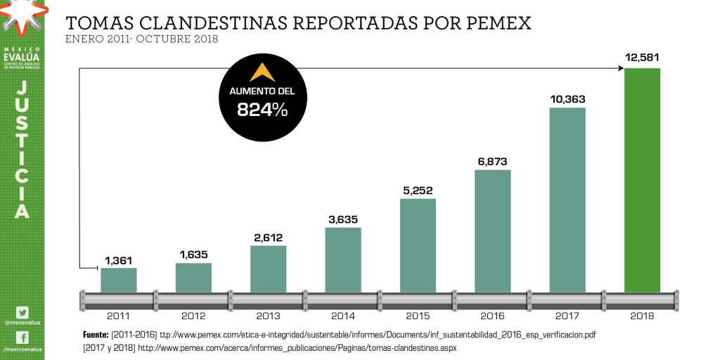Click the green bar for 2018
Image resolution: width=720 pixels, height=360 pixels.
[x=642, y=179]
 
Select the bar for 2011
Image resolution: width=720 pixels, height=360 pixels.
[x=119, y=280]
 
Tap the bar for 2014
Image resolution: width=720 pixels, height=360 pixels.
[x=343, y=259]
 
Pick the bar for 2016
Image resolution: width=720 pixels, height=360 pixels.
[x=492, y=231]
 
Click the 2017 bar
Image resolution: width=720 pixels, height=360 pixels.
[x=567, y=200]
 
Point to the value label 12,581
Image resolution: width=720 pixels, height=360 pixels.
[x=642, y=58]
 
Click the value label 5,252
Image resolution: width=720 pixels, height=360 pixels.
[x=418, y=190]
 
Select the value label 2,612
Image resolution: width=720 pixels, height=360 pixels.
[x=269, y=237]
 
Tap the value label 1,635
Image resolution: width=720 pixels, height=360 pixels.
[x=193, y=255]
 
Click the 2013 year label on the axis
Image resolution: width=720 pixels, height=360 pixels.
[x=269, y=316]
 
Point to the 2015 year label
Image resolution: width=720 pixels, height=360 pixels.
[x=418, y=316]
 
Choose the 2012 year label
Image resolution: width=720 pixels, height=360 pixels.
[x=193, y=316]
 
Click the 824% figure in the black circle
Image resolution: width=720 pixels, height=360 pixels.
[x=262, y=110]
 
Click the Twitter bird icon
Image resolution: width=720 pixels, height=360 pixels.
[x=22, y=312]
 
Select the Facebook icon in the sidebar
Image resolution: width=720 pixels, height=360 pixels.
[x=22, y=338]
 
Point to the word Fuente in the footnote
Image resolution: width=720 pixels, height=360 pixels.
[x=95, y=334]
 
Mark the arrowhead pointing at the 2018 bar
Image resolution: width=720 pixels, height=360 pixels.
[x=621, y=67]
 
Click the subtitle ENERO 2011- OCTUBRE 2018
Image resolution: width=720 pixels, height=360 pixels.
[x=141, y=39]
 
